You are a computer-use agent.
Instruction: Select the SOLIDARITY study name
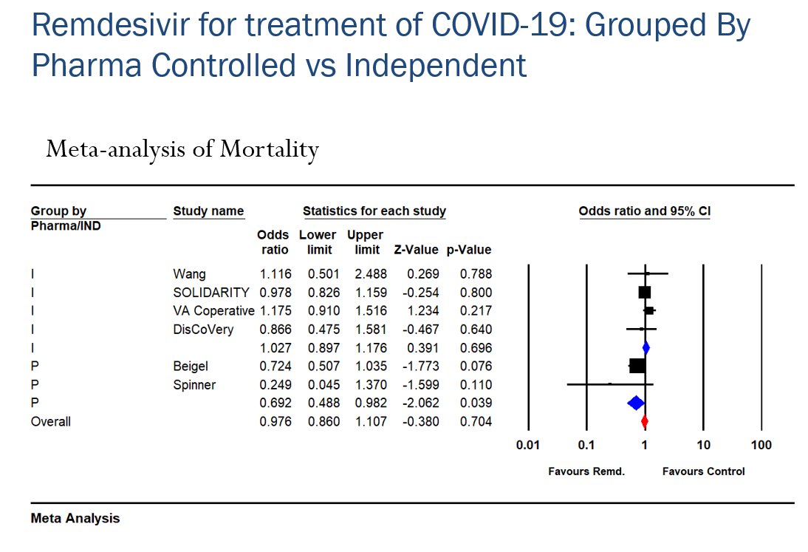click(211, 293)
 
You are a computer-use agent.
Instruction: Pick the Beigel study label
click(191, 367)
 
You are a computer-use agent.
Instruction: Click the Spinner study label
click(194, 385)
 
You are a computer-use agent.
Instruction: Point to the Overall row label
click(50, 422)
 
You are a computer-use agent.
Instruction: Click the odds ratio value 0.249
click(275, 385)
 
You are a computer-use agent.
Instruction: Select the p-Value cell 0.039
click(476, 403)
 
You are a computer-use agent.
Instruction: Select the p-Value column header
click(469, 250)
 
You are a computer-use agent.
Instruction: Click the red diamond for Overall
click(645, 421)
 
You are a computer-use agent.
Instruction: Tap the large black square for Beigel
click(637, 366)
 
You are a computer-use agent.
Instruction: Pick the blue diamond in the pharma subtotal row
click(635, 403)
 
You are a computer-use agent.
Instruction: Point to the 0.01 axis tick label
click(527, 446)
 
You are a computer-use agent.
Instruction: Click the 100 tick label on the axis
click(761, 446)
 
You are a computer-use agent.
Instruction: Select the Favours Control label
click(703, 471)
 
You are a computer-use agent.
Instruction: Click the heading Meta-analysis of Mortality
click(182, 150)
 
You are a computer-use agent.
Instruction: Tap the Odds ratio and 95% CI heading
click(644, 211)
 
